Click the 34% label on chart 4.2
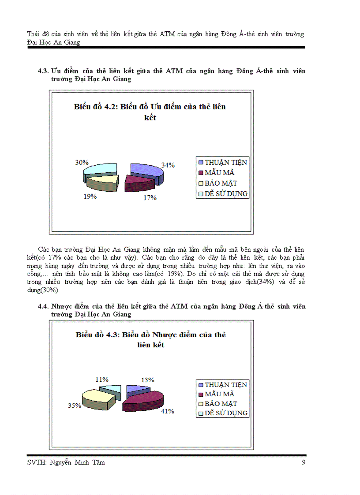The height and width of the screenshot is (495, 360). tap(168, 165)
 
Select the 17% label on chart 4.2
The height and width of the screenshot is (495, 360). tap(150, 198)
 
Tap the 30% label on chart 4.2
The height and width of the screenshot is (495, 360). tap(82, 162)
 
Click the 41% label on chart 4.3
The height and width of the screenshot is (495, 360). tap(168, 411)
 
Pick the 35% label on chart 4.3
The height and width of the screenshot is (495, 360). tap(75, 406)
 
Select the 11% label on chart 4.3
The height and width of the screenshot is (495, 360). tap(102, 379)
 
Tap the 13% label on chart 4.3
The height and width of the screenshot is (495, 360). tap(147, 380)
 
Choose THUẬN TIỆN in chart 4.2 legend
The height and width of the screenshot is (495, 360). tap(226, 162)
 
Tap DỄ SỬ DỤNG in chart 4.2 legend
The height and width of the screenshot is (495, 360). tap(226, 194)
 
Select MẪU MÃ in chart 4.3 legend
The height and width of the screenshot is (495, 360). tap(219, 394)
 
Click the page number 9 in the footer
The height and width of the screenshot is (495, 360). tap(304, 462)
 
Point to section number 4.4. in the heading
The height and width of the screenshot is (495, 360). tap(43, 306)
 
